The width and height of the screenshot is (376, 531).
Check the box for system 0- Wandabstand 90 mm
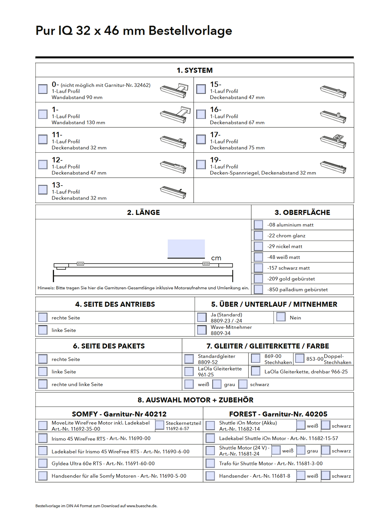(x=43, y=89)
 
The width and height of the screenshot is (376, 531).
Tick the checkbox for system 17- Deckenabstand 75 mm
(x=201, y=139)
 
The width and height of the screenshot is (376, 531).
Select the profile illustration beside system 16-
(x=333, y=116)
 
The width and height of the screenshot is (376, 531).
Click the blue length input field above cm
(x=186, y=248)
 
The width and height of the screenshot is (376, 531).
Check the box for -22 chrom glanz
(x=258, y=236)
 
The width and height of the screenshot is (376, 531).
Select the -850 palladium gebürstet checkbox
(x=258, y=289)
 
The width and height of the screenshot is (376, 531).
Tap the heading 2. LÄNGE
(x=144, y=212)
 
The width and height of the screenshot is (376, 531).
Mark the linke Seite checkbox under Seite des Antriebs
(x=43, y=330)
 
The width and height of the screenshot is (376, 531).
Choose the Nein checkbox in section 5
(x=281, y=317)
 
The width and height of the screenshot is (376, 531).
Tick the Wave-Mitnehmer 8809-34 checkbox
(x=202, y=330)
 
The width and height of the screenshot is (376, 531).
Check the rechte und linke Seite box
(x=43, y=384)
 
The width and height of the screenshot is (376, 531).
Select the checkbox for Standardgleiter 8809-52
(x=189, y=359)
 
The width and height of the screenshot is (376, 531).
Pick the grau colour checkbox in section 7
(x=217, y=384)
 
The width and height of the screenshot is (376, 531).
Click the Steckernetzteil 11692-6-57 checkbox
(x=160, y=425)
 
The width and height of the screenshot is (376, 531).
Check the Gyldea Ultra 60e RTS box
(x=43, y=463)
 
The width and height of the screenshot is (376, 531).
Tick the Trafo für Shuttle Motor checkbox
(x=210, y=463)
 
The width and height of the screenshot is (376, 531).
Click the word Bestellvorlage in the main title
(x=190, y=31)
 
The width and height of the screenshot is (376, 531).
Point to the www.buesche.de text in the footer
(x=141, y=506)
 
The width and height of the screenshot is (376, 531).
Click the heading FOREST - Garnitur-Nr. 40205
(x=278, y=414)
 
